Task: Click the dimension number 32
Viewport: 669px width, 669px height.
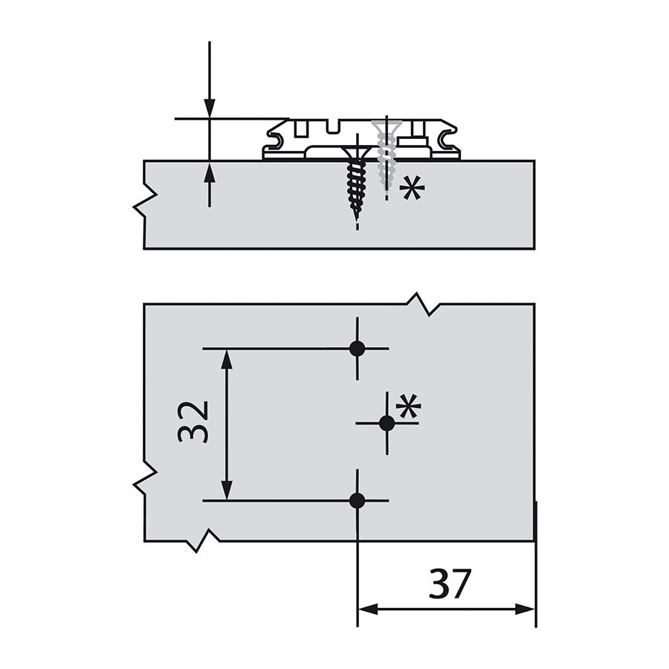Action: pos(193,421)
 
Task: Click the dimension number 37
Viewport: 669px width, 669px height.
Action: pos(449,584)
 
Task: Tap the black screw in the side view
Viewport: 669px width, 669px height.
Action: pos(357,184)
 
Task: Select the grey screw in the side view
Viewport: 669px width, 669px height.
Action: pos(387,155)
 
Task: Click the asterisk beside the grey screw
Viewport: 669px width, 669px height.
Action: pos(412,189)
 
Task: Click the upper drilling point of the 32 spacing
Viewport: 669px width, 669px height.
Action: pos(357,349)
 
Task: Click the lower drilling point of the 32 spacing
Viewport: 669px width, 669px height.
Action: pos(357,500)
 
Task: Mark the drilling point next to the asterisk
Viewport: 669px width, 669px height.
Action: pos(387,423)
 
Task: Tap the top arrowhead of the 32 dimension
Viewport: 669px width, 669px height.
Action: pos(227,359)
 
